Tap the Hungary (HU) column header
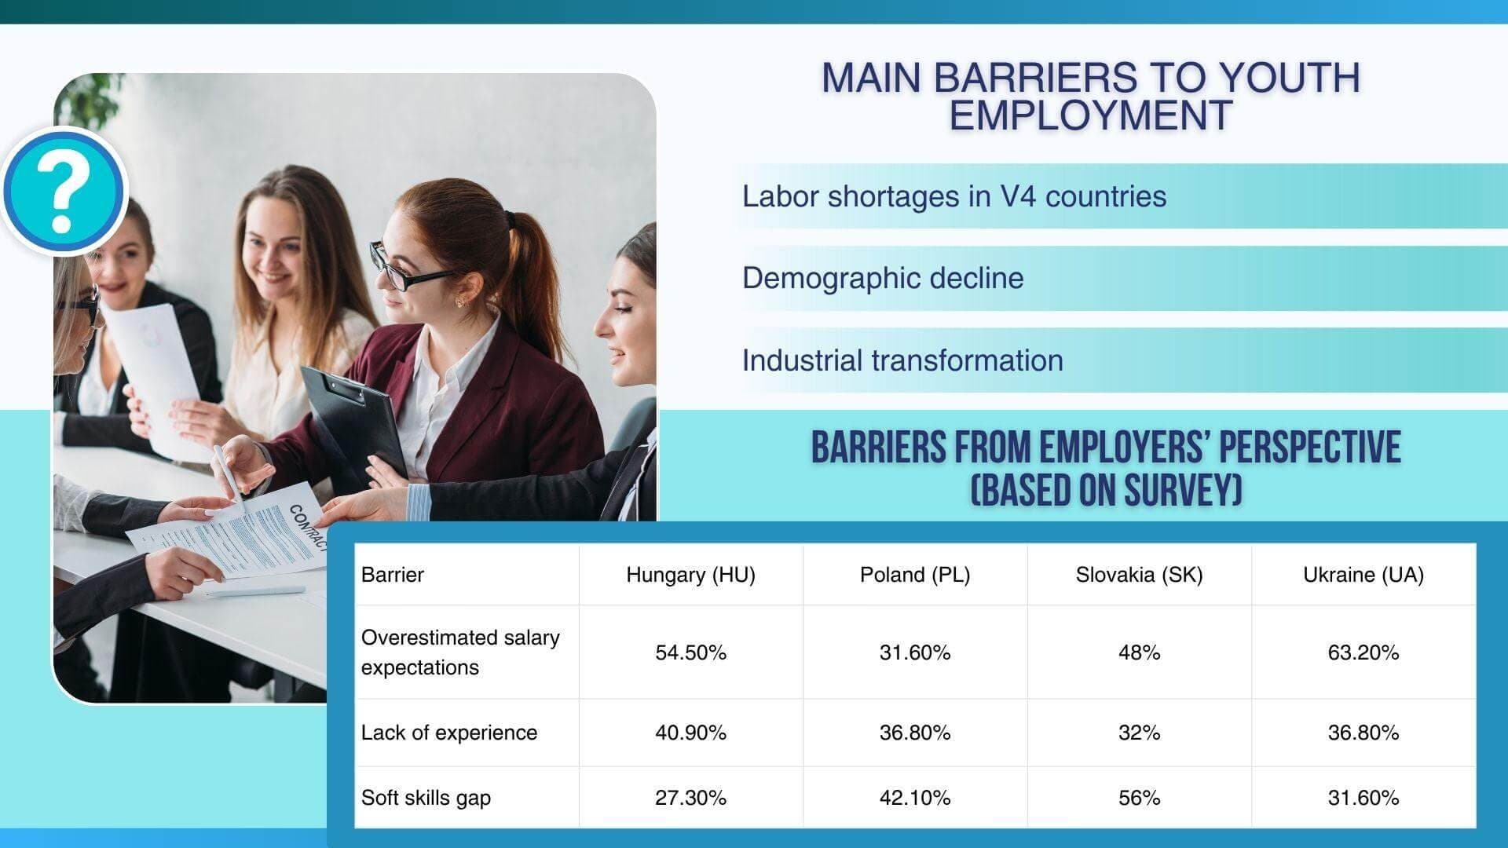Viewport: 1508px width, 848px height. coord(690,575)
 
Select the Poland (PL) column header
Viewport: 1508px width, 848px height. coord(915,575)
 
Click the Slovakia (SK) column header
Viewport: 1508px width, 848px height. coord(1139,575)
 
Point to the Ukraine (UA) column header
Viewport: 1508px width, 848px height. coord(1363,575)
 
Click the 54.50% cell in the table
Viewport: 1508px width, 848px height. coord(690,652)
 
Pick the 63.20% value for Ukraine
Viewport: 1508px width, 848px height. coord(1363,652)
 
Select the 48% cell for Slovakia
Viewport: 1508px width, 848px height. coord(1139,652)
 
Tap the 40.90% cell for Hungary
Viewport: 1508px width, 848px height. coord(690,733)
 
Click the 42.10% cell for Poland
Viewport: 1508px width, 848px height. coord(915,798)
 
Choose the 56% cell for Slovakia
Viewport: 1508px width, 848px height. coord(1139,798)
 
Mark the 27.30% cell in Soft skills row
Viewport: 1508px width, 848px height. coord(690,798)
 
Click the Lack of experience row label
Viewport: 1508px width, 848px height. coord(449,733)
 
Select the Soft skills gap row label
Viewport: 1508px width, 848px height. coord(426,798)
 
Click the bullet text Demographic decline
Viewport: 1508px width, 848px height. coord(883,278)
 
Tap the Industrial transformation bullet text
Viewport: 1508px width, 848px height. coord(902,360)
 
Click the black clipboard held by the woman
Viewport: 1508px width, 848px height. coord(353,424)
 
